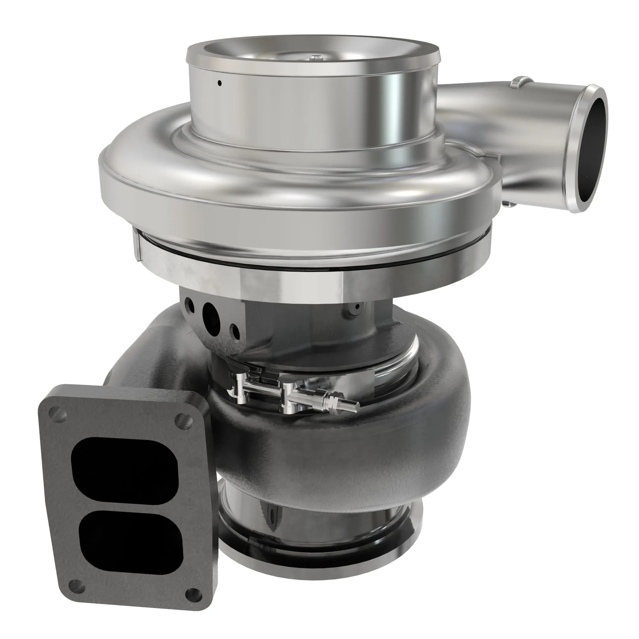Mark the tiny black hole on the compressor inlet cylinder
point(219,83)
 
